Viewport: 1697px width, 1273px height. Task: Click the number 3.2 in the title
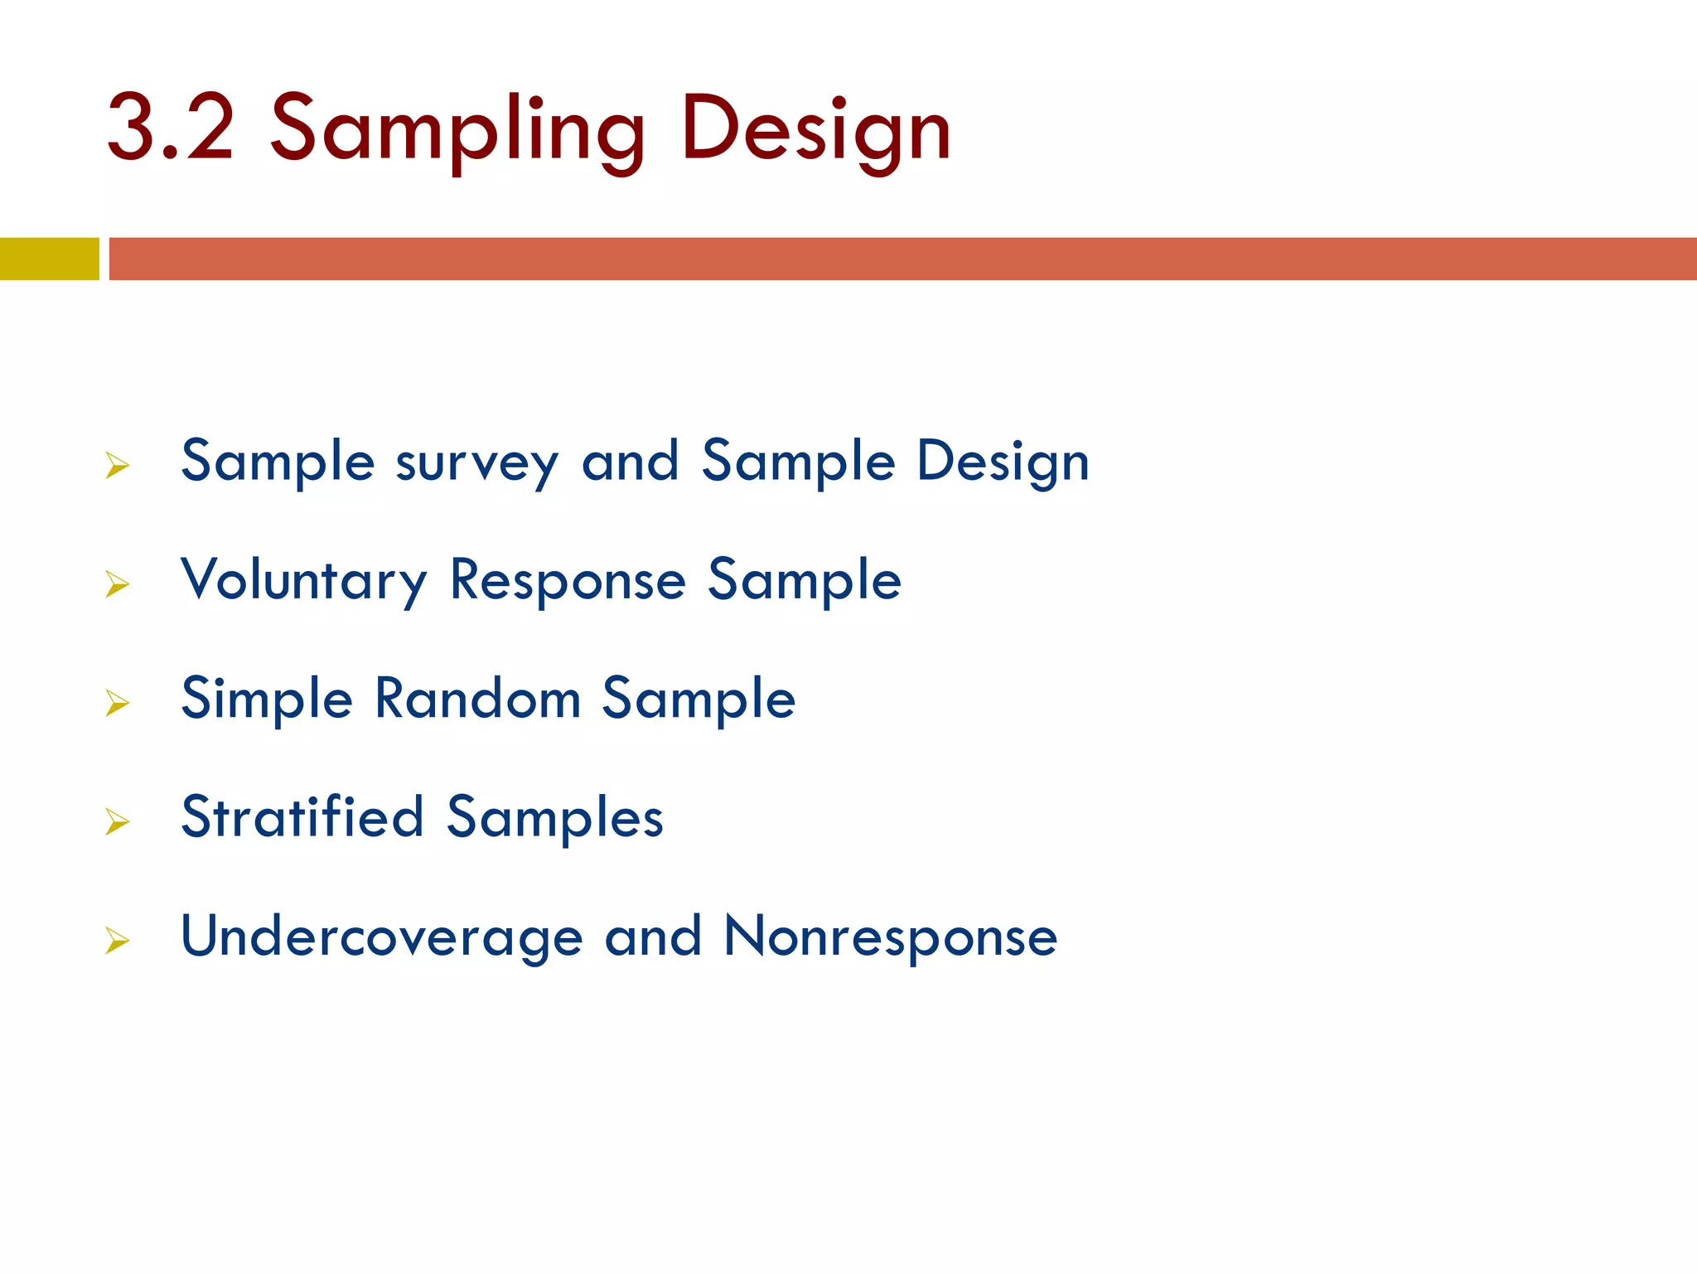(171, 128)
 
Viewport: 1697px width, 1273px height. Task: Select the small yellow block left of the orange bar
(49, 259)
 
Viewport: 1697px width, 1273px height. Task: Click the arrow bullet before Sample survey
(118, 466)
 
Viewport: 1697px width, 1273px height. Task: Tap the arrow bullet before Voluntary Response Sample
(118, 584)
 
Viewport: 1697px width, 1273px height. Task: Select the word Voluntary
(303, 581)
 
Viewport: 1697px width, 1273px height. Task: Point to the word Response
(568, 581)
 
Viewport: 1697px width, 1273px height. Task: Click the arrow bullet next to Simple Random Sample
(118, 703)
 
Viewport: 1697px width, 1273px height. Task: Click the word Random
(477, 698)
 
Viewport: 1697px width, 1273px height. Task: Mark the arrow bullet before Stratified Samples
(118, 821)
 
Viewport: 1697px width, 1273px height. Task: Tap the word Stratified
(302, 817)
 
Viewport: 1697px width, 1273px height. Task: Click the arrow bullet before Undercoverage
(118, 941)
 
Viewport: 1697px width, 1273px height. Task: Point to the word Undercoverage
(382, 937)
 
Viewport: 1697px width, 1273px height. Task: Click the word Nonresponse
(890, 937)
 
